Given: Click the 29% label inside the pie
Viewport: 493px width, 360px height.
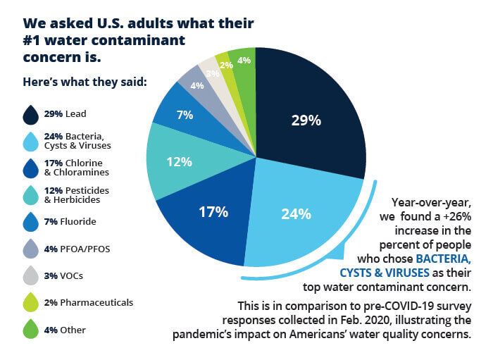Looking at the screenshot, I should (x=306, y=120).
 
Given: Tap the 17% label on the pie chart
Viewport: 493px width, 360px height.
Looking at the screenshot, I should (x=212, y=211).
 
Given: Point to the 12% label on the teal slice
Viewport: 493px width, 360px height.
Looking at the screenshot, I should (x=179, y=161).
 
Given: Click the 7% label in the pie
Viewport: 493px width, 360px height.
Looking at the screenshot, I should (x=185, y=115).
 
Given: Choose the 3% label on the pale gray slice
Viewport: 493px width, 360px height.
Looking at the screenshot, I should (x=211, y=73).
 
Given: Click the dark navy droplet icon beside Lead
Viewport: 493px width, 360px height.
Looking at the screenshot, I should (x=31, y=113).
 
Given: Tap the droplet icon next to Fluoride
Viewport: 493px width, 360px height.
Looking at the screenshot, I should (x=31, y=222).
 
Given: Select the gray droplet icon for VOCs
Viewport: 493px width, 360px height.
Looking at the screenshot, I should (x=31, y=275).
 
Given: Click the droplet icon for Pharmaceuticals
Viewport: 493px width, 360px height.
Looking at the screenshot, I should (x=31, y=302).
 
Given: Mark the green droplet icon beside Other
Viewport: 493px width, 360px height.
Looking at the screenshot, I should (x=31, y=329).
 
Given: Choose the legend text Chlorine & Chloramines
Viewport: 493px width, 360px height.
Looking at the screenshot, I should (x=82, y=168).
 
